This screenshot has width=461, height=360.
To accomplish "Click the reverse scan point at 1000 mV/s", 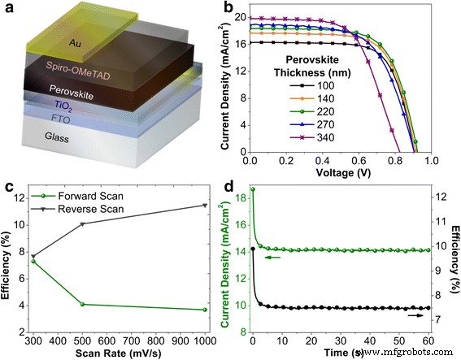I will tap(205, 205).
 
